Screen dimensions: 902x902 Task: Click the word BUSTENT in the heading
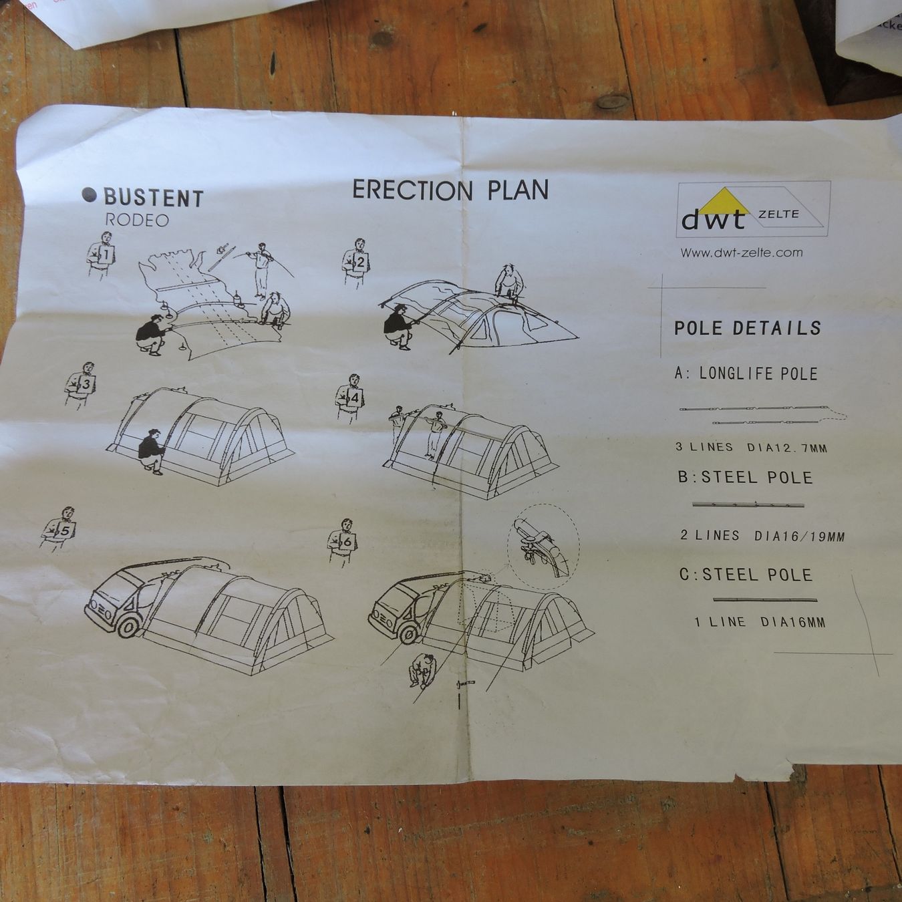154,198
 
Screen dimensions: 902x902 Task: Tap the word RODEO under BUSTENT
137,220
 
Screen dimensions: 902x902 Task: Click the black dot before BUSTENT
89,194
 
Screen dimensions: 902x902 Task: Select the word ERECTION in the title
412,190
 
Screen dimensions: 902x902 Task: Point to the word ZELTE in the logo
778,214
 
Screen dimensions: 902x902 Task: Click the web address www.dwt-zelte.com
742,253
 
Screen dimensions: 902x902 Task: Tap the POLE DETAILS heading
748,328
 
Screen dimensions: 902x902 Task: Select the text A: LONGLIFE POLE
746,373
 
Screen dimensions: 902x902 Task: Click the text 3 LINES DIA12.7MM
751,447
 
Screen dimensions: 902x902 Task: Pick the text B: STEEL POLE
745,478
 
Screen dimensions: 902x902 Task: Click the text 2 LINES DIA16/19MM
762,535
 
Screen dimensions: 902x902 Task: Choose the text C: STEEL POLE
746,575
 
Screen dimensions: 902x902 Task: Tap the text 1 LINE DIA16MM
760,622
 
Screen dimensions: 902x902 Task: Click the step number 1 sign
106,256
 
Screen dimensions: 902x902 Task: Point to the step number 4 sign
354,398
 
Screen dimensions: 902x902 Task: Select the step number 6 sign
347,542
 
